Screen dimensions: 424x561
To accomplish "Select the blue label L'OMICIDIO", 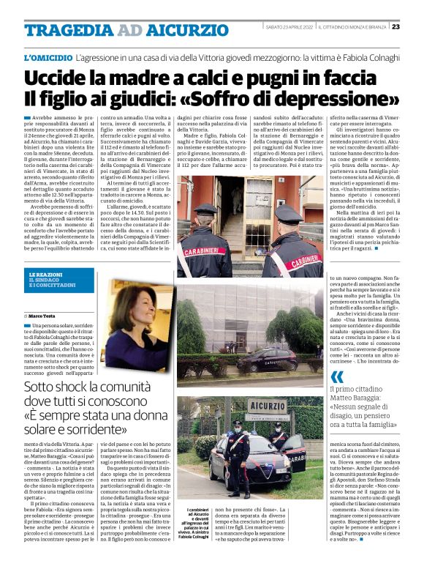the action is (x=48, y=56).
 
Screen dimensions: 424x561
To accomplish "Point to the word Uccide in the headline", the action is (x=57, y=78).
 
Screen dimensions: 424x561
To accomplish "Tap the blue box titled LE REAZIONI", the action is (x=56, y=280).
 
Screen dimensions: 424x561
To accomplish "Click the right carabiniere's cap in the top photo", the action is (x=287, y=208).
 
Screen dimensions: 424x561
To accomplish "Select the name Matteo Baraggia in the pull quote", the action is (x=359, y=403).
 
